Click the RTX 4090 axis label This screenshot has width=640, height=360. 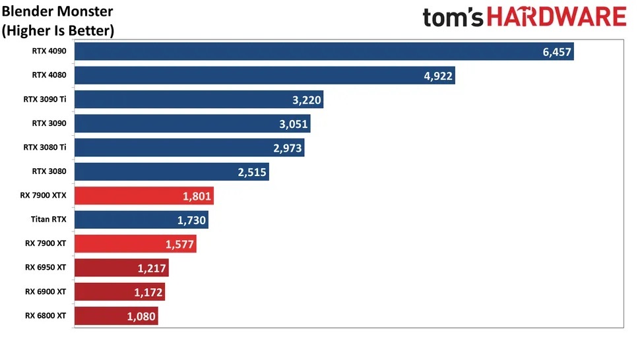pyautogui.click(x=49, y=51)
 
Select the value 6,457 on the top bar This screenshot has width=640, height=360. pyautogui.click(x=557, y=51)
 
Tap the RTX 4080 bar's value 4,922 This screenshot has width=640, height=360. pyautogui.click(x=438, y=76)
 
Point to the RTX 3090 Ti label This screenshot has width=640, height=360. pyautogui.click(x=44, y=99)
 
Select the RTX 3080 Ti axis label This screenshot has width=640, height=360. pyautogui.click(x=44, y=147)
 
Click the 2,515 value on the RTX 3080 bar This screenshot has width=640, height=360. pyautogui.click(x=252, y=172)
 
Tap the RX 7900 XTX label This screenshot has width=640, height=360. pyautogui.click(x=44, y=195)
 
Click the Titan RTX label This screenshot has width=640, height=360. pyautogui.click(x=48, y=218)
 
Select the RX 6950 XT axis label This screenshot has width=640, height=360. pyautogui.click(x=46, y=267)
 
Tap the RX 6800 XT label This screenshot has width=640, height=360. pyautogui.click(x=46, y=315)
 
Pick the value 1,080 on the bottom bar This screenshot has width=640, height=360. pyautogui.click(x=141, y=316)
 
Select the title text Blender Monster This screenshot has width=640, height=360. pyautogui.click(x=57, y=11)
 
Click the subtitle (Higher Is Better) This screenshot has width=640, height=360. pyautogui.click(x=58, y=30)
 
